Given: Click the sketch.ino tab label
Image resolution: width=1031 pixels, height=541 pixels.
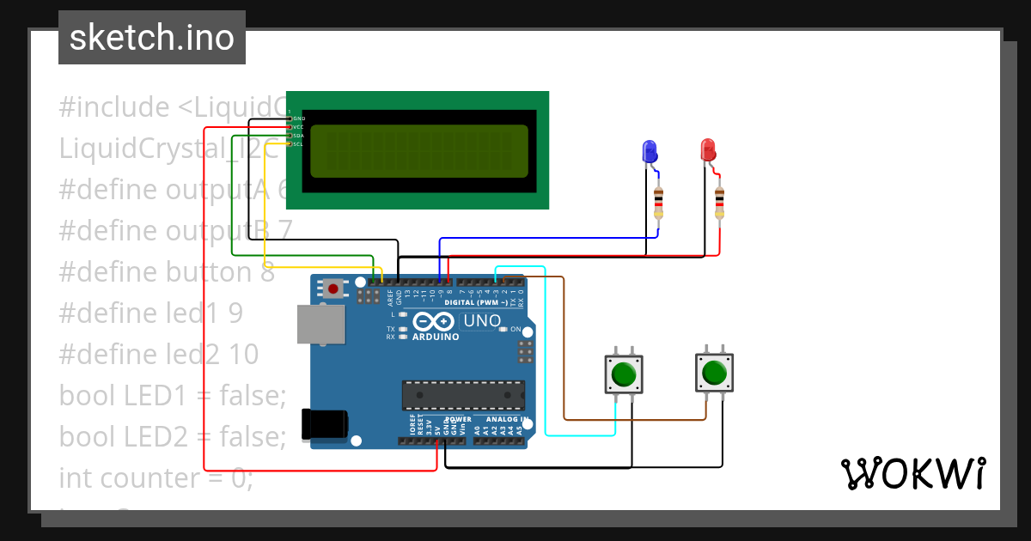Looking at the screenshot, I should click(x=151, y=38).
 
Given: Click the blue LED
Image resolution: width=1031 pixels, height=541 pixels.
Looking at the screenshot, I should click(x=650, y=152).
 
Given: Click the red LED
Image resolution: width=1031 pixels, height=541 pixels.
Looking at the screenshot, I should click(x=708, y=150).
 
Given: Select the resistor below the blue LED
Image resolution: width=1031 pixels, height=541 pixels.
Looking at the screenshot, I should click(x=658, y=203).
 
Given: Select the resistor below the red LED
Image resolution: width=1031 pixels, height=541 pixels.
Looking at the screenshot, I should click(x=718, y=203).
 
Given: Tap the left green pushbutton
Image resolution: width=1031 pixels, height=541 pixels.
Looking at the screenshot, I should click(x=623, y=375).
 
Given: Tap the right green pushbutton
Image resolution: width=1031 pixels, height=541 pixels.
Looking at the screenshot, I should click(x=713, y=374).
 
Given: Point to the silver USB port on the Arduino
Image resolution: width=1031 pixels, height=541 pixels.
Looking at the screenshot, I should click(x=320, y=325).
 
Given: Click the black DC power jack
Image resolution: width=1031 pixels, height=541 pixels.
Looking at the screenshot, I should click(x=325, y=425).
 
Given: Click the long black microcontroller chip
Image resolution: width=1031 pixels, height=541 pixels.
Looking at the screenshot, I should click(x=463, y=395).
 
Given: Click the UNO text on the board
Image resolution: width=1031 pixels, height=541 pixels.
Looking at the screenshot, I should click(x=482, y=321).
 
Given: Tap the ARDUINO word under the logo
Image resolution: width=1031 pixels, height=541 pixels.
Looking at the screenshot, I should click(x=435, y=337).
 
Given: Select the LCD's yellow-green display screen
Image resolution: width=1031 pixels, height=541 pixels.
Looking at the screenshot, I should click(x=418, y=151).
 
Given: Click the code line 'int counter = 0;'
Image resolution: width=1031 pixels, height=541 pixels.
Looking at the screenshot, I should click(x=156, y=477).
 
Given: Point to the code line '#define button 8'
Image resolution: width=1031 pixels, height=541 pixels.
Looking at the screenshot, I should click(x=167, y=272).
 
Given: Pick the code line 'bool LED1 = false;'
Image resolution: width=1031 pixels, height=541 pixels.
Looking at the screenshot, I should click(x=172, y=395).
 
